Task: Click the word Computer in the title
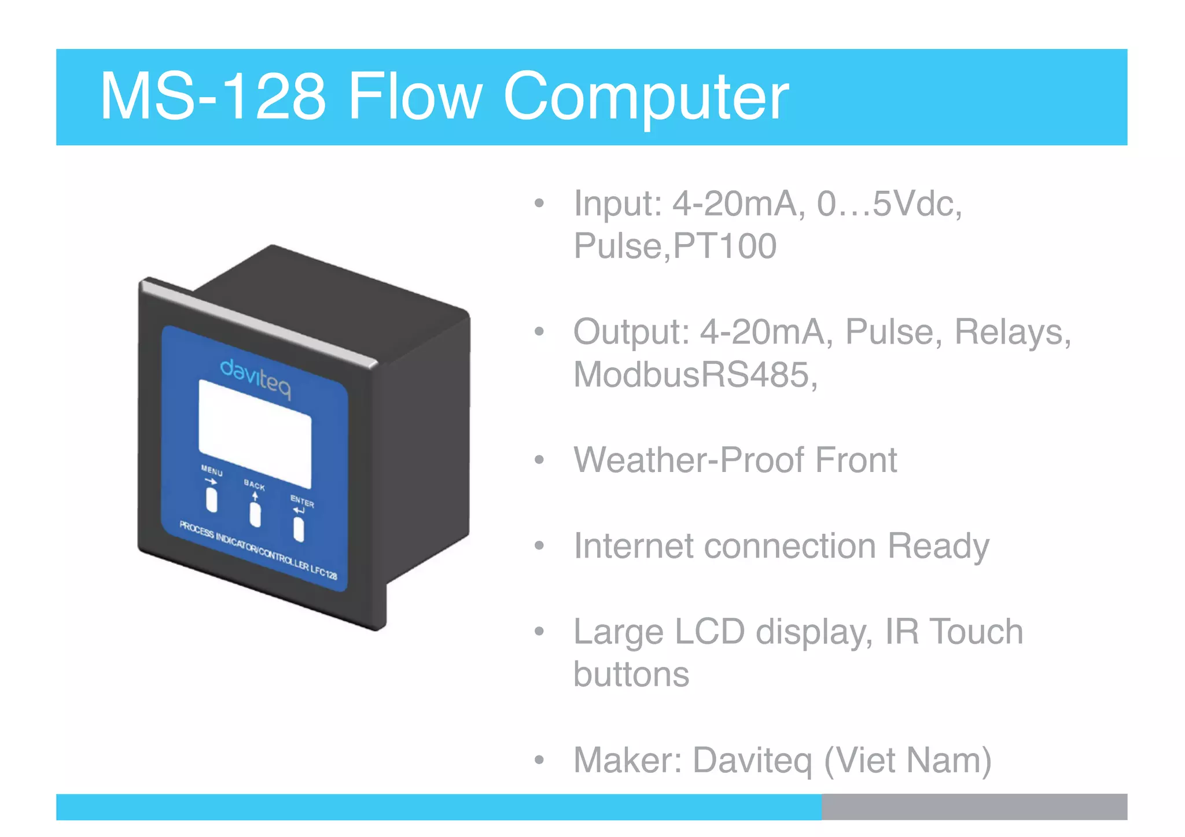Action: coord(646,97)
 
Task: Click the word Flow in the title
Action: coord(414,97)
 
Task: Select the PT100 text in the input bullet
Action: coord(725,246)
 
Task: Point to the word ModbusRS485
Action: coord(694,375)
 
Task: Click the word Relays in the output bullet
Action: coord(1012,332)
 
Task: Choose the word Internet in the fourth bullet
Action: coord(632,546)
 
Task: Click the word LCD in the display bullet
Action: coord(709,632)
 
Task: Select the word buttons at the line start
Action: coord(631,674)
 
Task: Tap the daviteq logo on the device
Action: coord(255,379)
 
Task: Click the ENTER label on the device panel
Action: coord(302,502)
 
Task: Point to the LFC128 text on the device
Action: coord(323,571)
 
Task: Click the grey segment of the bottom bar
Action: coord(974,806)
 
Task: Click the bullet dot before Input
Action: coord(539,204)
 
